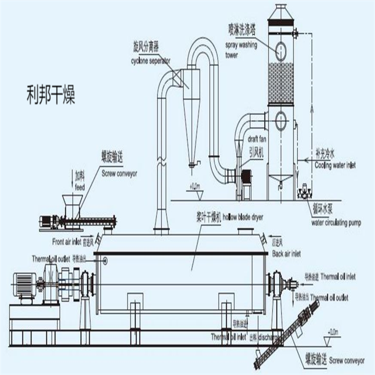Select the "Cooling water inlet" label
click(335, 164)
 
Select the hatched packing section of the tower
click(280, 82)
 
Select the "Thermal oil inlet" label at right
click(337, 275)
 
